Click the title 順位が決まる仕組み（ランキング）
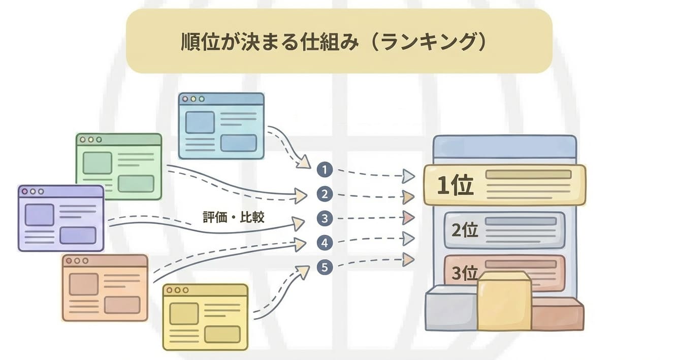[x=334, y=42]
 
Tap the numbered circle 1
[x=325, y=170]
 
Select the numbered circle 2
[x=325, y=194]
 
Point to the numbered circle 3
[x=325, y=219]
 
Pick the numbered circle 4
[x=325, y=243]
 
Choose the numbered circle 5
[x=325, y=267]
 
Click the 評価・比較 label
[x=234, y=217]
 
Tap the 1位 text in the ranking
[x=455, y=186]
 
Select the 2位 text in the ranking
[x=465, y=231]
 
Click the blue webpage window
[x=221, y=126]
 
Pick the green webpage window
[x=119, y=167]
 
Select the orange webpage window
[x=105, y=288]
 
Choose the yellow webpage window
[x=206, y=317]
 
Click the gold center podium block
[x=504, y=302]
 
